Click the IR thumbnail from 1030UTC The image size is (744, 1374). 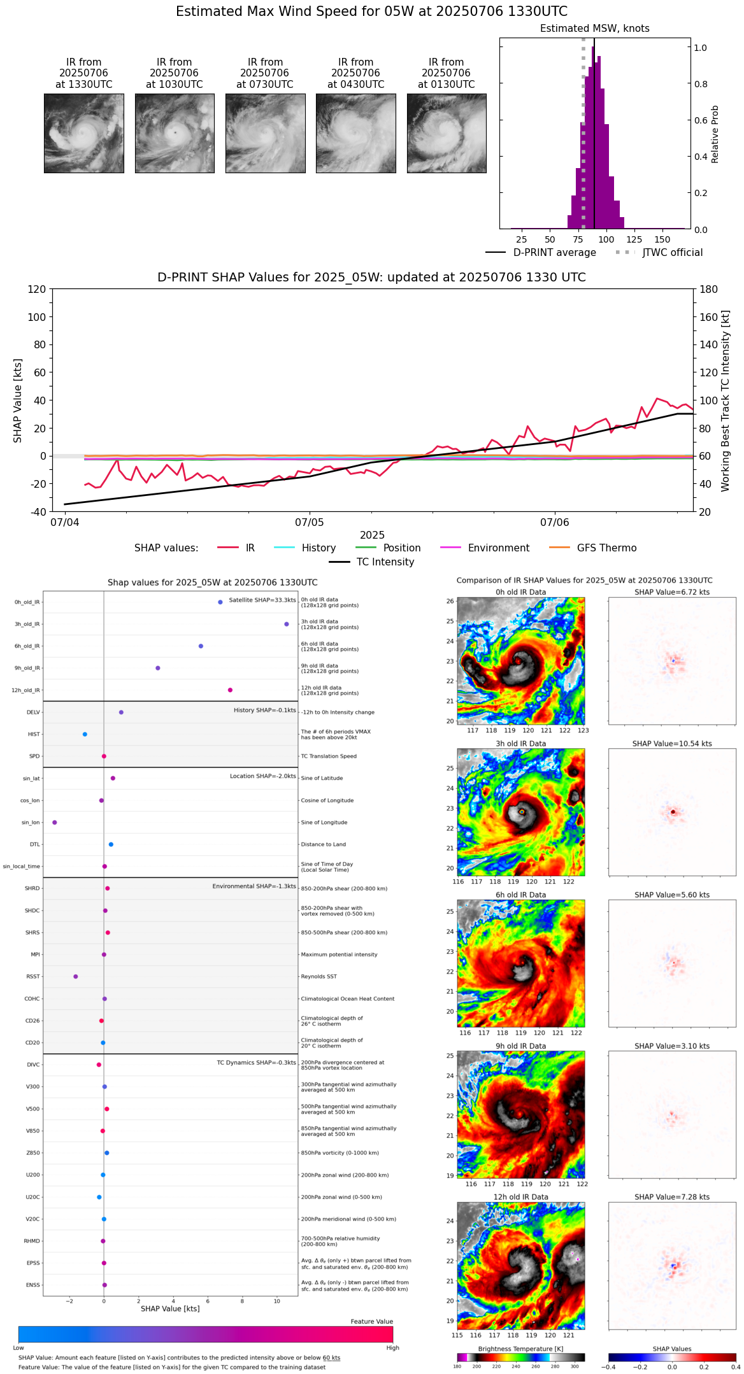click(175, 133)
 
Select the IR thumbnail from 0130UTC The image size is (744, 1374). click(447, 133)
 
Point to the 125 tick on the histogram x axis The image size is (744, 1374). click(634, 239)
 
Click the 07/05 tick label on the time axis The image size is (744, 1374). click(309, 523)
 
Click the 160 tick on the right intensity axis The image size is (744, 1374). click(709, 317)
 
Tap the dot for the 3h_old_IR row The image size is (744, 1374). click(287, 624)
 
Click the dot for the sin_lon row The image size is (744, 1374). click(55, 823)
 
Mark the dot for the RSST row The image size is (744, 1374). click(76, 977)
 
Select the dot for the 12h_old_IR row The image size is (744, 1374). click(231, 690)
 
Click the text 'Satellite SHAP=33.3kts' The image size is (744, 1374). click(262, 600)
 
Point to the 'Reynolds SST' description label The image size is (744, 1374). click(318, 977)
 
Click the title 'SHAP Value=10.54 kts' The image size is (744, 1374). click(672, 744)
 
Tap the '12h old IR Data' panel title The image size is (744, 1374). click(520, 1197)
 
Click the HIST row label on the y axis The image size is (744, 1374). click(34, 734)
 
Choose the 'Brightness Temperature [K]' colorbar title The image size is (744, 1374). click(520, 1349)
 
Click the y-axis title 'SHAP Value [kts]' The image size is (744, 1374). click(18, 400)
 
